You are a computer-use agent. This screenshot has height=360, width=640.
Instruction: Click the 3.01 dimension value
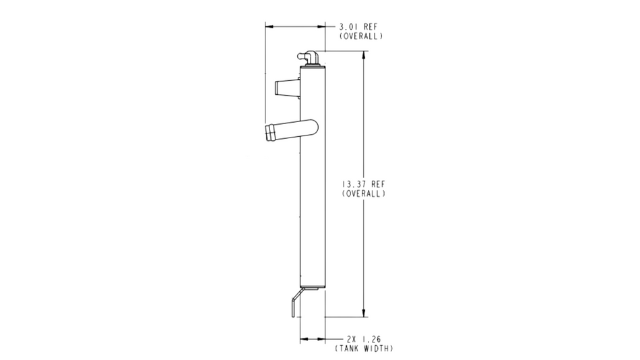(x=349, y=26)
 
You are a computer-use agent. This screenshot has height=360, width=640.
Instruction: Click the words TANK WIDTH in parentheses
(x=364, y=349)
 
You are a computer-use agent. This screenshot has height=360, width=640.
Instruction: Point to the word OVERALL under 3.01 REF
(x=361, y=36)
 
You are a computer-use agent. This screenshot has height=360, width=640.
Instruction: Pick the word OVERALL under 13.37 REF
(x=364, y=193)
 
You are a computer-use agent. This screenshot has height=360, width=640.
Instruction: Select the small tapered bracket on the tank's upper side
(x=288, y=88)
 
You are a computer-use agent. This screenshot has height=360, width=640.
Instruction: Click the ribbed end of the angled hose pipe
(x=269, y=133)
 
